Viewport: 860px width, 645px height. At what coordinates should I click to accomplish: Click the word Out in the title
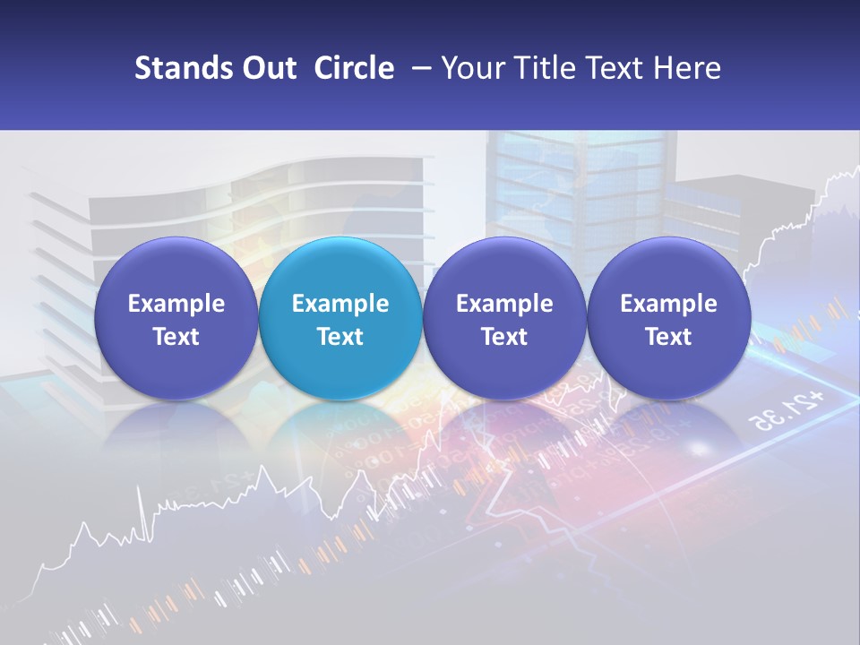point(266,68)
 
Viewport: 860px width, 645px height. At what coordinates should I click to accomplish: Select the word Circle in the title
point(354,68)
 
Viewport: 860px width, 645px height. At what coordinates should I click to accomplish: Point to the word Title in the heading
point(540,68)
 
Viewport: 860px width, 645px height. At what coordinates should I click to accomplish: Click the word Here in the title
point(686,68)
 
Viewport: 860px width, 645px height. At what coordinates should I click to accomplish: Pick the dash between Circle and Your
point(417,68)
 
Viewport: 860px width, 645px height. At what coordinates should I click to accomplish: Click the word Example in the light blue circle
point(340,304)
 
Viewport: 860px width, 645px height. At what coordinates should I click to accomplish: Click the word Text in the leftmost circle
point(176,337)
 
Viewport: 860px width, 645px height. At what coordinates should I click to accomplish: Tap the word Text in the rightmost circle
point(668,337)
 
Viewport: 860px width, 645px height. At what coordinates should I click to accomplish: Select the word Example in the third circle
point(504,304)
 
